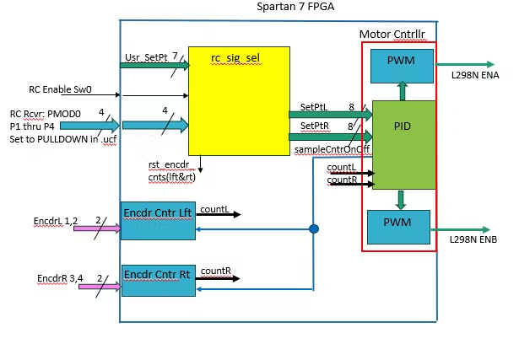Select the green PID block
(x=403, y=144)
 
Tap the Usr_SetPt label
(x=144, y=57)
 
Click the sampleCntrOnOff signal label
(x=332, y=149)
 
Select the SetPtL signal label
(x=315, y=107)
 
